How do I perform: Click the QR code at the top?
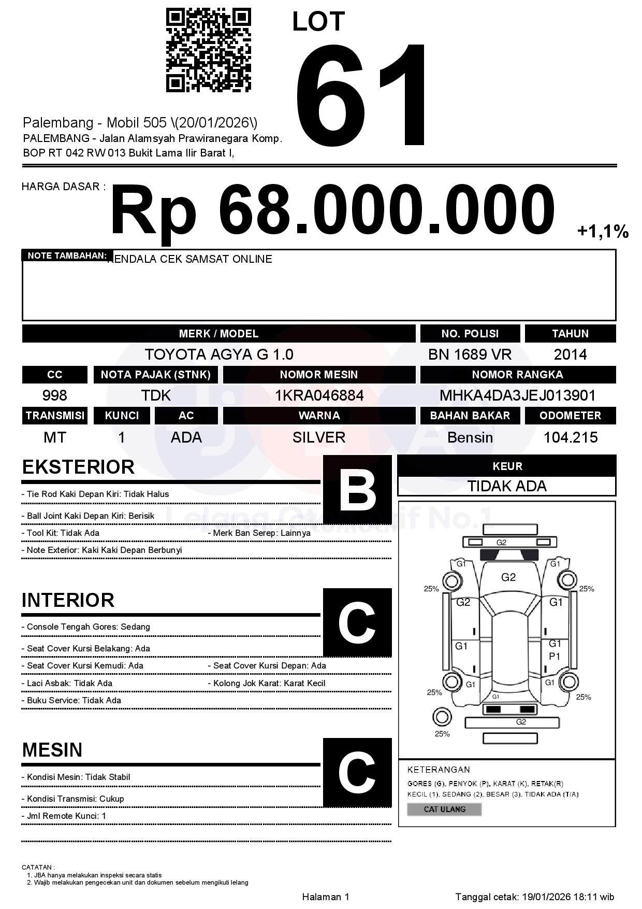point(208,50)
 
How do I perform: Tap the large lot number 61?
point(362,96)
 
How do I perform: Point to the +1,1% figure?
point(603,231)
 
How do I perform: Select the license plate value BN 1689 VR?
point(470,354)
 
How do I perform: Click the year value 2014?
point(570,354)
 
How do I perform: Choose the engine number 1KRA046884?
point(319,396)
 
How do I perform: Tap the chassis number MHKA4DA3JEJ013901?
point(517,396)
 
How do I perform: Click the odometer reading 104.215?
point(570,437)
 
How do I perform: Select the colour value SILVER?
point(319,437)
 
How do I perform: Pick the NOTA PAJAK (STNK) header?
point(155,375)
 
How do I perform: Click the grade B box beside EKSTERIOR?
point(357,489)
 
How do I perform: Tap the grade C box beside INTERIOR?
point(357,622)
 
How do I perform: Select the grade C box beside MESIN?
point(357,772)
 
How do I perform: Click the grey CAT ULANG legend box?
point(444,809)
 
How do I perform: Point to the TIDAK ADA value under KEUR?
point(507,486)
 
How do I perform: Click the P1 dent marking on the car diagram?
point(555,656)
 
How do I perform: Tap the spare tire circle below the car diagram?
point(442,717)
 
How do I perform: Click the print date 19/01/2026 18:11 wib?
point(568,897)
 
